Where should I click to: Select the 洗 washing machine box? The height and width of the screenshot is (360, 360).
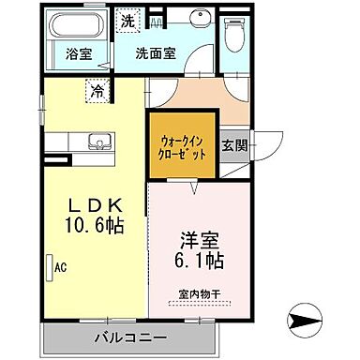pyautogui.click(x=127, y=20)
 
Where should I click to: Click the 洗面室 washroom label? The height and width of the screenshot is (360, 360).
pyautogui.click(x=155, y=52)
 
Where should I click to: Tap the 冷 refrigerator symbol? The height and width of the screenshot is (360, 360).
pyautogui.click(x=97, y=91)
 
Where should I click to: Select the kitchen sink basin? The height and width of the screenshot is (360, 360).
pyautogui.click(x=98, y=143)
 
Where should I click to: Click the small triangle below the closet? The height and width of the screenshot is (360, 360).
pyautogui.click(x=194, y=189)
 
